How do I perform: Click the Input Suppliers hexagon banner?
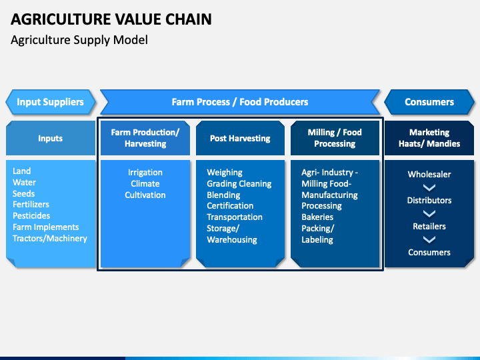[51, 102]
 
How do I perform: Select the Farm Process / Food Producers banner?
[240, 102]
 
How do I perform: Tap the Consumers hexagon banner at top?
[429, 102]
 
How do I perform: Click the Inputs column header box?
[51, 138]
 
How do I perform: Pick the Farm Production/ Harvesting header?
[145, 138]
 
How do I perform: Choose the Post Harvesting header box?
[240, 138]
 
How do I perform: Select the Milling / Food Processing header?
[335, 138]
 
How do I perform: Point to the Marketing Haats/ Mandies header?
[429, 138]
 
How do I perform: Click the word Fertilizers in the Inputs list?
[31, 205]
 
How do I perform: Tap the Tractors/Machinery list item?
[50, 239]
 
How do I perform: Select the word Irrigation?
[145, 173]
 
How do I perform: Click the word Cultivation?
[145, 195]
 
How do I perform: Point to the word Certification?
[230, 206]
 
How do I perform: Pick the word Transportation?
[235, 217]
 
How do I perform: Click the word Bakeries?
[317, 217]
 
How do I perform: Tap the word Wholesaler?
[429, 175]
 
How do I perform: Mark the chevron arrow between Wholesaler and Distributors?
[429, 187]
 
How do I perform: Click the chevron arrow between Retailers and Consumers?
[429, 239]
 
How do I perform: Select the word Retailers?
[429, 227]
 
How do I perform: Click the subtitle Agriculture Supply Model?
[79, 40]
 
